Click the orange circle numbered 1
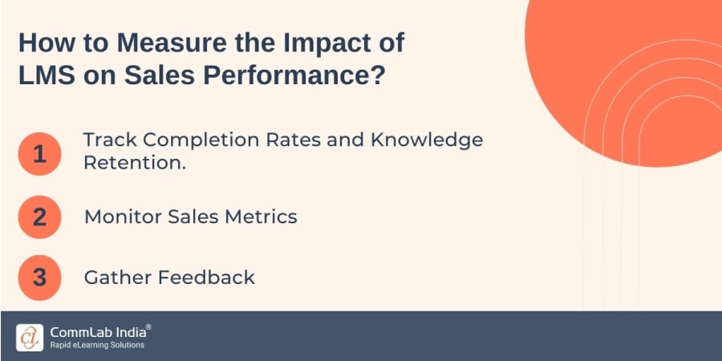coord(39,152)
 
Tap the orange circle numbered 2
coord(39,217)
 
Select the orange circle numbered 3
coord(39,278)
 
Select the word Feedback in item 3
coord(206,278)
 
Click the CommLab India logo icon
coord(30,337)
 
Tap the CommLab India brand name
coord(99,331)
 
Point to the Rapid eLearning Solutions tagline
coord(97,346)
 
